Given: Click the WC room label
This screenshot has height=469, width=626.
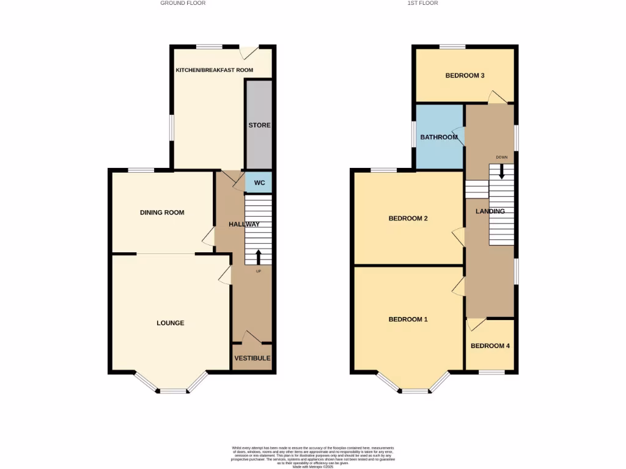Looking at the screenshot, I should (x=259, y=183).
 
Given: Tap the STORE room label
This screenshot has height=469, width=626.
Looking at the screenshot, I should (x=259, y=125).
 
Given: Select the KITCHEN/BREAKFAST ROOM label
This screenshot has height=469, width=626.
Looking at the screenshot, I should (x=214, y=70).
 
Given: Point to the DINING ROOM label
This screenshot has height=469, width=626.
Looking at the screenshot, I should (x=162, y=213).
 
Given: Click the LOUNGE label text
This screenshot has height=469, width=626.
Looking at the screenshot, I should (x=171, y=323).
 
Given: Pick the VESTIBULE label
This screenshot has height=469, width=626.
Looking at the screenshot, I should (x=251, y=358).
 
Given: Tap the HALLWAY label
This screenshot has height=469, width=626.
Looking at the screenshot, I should (x=244, y=224).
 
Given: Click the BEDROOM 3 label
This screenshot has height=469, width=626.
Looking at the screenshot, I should (x=465, y=76).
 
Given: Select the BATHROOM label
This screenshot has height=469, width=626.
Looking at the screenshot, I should (x=439, y=137).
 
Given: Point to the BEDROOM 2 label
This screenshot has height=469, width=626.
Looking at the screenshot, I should (x=408, y=219).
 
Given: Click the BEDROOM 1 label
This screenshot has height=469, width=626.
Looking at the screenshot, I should (x=408, y=319).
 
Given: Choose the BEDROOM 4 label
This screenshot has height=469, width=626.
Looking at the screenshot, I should (x=490, y=346).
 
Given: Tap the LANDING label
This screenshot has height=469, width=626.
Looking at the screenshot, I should (x=490, y=211).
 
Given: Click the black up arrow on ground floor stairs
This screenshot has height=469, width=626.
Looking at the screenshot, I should (x=258, y=255).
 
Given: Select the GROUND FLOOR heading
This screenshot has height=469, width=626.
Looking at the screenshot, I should (x=183, y=3).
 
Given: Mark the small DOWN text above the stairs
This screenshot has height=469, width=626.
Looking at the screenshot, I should (x=502, y=158).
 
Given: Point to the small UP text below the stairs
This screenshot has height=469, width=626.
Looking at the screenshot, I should (x=258, y=271).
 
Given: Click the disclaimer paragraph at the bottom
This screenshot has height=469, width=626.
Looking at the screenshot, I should (x=312, y=457).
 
